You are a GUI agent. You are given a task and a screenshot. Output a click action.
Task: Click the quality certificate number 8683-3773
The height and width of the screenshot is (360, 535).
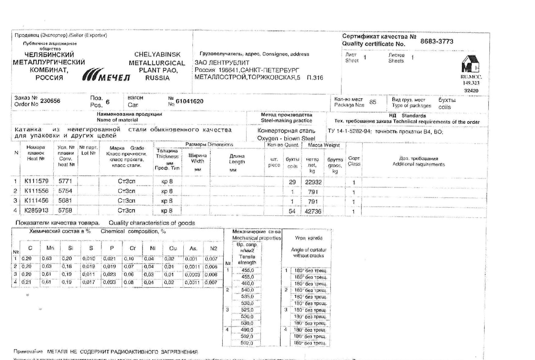pyautogui.click(x=436, y=41)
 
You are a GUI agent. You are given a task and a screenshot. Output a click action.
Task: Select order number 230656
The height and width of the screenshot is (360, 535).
pyautogui.click(x=50, y=101)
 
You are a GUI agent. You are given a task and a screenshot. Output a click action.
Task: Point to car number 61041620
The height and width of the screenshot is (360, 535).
pyautogui.click(x=189, y=101)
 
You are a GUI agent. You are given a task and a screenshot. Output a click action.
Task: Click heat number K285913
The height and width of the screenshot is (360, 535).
pyautogui.click(x=36, y=211)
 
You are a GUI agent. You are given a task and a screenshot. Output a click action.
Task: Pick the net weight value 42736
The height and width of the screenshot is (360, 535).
pyautogui.click(x=313, y=211)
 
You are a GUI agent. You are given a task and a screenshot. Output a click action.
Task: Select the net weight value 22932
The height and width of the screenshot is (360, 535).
pyautogui.click(x=313, y=182)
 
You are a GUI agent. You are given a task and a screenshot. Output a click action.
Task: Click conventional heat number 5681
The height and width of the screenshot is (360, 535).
pyautogui.click(x=65, y=201)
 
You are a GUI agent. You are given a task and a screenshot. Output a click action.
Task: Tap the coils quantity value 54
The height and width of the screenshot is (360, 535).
pyautogui.click(x=292, y=211)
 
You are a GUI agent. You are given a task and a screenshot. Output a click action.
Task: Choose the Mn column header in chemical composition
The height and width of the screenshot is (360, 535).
pyautogui.click(x=50, y=248)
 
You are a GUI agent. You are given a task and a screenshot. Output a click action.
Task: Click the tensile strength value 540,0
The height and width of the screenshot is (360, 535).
pyautogui.click(x=247, y=290)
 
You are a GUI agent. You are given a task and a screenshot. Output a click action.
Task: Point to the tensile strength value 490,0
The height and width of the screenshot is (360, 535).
pyautogui.click(x=247, y=330)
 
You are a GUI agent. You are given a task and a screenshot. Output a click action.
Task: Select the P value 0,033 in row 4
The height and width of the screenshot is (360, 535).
pyautogui.click(x=110, y=282)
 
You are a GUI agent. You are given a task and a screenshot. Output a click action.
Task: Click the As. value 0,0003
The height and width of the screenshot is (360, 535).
pyautogui.click(x=192, y=275)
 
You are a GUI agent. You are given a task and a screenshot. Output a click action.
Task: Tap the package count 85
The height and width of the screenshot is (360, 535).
pyautogui.click(x=373, y=102)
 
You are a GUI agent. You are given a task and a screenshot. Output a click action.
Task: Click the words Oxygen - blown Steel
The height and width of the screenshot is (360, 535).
pyautogui.click(x=286, y=138)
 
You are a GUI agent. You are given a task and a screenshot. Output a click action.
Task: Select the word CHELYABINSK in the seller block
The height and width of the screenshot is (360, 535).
pyautogui.click(x=157, y=55)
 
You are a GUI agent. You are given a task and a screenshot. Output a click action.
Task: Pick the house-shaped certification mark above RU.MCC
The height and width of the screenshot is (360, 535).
pyautogui.click(x=470, y=64)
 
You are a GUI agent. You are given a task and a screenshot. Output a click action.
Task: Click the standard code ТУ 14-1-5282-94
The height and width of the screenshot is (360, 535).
pyautogui.click(x=349, y=132)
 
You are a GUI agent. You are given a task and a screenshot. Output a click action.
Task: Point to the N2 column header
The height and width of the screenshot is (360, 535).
pyautogui.click(x=213, y=248)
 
